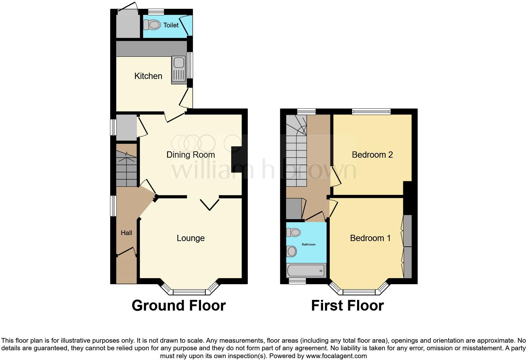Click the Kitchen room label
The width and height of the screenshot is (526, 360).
pyautogui.click(x=148, y=76)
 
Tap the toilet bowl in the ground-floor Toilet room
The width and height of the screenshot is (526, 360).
pyautogui.click(x=152, y=25)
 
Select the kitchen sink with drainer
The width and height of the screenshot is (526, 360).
pyautogui.click(x=178, y=70)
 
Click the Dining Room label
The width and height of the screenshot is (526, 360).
pyautogui.click(x=190, y=155)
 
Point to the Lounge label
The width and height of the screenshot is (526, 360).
pyautogui.click(x=191, y=238)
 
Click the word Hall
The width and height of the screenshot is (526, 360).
pyautogui.click(x=126, y=233)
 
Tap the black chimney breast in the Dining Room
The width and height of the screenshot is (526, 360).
pyautogui.click(x=237, y=159)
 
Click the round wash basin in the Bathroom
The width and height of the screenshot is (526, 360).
pyautogui.click(x=292, y=251)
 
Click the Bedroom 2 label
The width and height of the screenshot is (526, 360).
pyautogui.click(x=372, y=155)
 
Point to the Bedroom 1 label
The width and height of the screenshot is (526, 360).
pyautogui.click(x=370, y=238)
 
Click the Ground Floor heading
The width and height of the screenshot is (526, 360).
pyautogui.click(x=179, y=306)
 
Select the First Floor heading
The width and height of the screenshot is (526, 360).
pyautogui.click(x=347, y=306)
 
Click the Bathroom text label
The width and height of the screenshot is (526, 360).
pyautogui.click(x=309, y=245)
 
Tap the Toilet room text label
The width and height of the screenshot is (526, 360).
pyautogui.click(x=171, y=25)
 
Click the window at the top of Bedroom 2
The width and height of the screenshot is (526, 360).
pyautogui.click(x=371, y=111)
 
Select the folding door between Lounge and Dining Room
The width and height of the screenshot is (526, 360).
pyautogui.click(x=210, y=204)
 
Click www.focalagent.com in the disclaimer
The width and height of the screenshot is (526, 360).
pyautogui.click(x=336, y=356)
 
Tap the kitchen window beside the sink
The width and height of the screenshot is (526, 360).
pyautogui.click(x=190, y=65)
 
